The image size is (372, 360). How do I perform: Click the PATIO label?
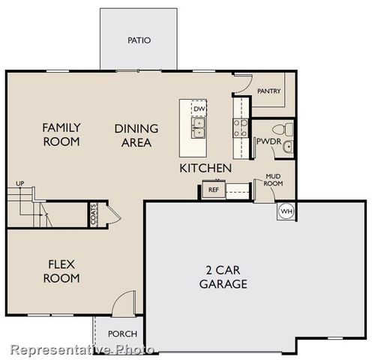click(x=139, y=40)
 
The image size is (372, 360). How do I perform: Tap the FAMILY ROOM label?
click(x=61, y=134)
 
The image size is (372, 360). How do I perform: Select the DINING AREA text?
click(x=134, y=134)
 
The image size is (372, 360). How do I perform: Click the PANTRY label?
click(x=268, y=91)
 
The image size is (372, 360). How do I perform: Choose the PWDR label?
click(x=268, y=140)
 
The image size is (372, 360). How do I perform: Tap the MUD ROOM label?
click(x=273, y=181)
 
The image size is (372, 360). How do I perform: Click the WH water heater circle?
click(x=286, y=211)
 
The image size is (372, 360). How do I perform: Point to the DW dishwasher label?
click(x=199, y=109)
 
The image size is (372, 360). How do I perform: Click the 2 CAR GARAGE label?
click(x=223, y=277)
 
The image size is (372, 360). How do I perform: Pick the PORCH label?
click(x=121, y=334)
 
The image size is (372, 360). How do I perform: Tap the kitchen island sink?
click(x=198, y=133)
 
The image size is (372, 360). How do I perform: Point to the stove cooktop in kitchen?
click(x=241, y=129)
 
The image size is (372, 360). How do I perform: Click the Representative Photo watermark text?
click(x=82, y=349)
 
